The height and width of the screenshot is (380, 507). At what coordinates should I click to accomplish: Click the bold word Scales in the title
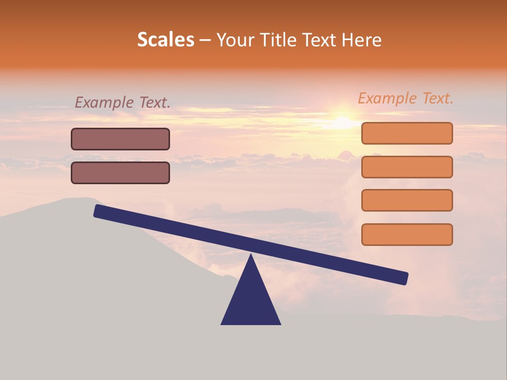click(165, 40)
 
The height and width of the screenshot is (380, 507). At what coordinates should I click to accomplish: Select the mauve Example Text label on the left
click(123, 102)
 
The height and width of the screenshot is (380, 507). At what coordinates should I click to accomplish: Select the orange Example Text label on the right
click(406, 98)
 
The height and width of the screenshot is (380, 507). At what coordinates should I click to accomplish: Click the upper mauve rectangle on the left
click(120, 139)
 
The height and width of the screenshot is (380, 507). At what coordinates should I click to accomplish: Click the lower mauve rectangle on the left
click(120, 173)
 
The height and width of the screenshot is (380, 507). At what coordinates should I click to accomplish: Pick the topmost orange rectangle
click(407, 133)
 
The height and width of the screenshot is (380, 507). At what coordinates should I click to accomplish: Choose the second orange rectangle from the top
click(407, 167)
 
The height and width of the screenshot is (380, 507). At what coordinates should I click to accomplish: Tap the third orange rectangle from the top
click(407, 200)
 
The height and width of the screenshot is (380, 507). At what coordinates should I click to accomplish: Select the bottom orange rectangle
click(407, 234)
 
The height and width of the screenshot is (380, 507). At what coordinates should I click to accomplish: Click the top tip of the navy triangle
click(251, 256)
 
